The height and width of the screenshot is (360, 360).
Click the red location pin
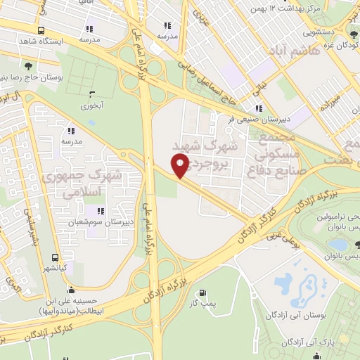point(181,165)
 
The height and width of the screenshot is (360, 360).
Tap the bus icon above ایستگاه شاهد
point(41,31)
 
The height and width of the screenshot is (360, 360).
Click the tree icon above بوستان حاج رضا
point(27,65)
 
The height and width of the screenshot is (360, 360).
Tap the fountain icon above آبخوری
point(91,94)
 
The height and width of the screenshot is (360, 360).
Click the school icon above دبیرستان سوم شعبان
point(101,210)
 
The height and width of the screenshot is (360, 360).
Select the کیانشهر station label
point(53,268)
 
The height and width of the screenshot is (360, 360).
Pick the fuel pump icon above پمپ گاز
point(203,292)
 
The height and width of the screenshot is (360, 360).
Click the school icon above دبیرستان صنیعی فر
point(259,108)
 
